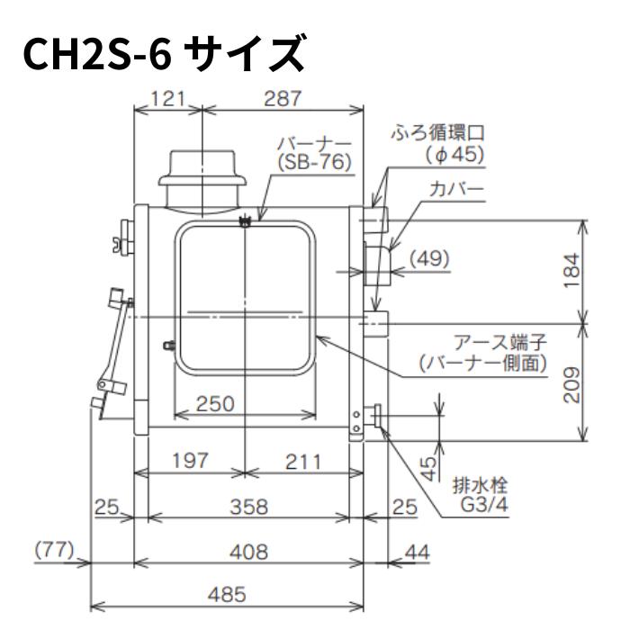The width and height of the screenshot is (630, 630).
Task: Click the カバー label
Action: tap(457, 190)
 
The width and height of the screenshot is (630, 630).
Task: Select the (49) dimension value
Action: tap(429, 259)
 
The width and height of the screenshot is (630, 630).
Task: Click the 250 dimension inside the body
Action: tap(217, 404)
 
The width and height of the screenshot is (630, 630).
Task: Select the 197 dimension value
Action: tap(190, 461)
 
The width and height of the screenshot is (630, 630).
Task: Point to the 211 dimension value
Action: tap(302, 461)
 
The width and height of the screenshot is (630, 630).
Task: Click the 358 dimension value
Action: tap(247, 507)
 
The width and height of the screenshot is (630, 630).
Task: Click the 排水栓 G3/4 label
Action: tap(480, 496)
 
